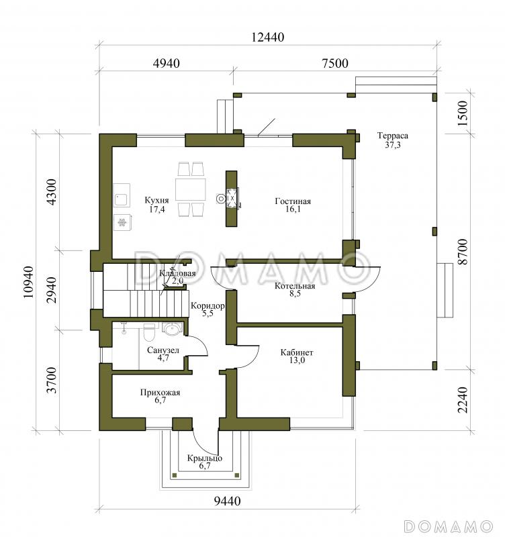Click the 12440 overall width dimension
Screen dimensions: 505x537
(x=267, y=37)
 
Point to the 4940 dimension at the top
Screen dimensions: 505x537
(x=166, y=63)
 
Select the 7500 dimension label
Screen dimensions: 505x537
(x=335, y=63)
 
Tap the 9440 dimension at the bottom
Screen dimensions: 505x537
(x=227, y=501)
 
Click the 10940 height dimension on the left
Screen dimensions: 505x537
(x=29, y=282)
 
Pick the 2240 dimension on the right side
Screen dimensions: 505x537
(x=463, y=399)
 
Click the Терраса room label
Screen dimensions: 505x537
(x=393, y=136)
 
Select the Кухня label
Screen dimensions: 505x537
(x=156, y=200)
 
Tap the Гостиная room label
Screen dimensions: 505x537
(x=293, y=201)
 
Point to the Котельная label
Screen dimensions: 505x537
(x=295, y=286)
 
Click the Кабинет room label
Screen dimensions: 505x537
(x=297, y=352)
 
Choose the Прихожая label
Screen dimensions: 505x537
(x=160, y=393)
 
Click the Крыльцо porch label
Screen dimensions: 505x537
(x=205, y=458)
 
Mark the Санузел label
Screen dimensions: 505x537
(x=163, y=350)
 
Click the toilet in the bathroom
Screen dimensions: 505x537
(x=149, y=332)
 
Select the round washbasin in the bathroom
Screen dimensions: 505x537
(x=171, y=329)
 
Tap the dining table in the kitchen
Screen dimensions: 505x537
(x=191, y=189)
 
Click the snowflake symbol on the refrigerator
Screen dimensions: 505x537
(x=122, y=223)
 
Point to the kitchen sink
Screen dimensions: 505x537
(x=122, y=199)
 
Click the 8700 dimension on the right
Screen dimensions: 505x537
(x=463, y=251)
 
